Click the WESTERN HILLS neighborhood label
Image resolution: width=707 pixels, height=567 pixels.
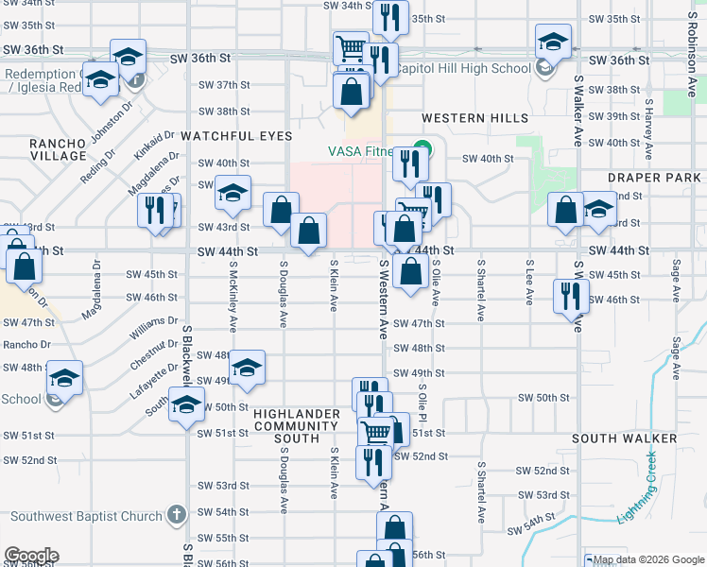tap(474, 118)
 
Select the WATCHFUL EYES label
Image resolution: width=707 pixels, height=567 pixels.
tap(237, 136)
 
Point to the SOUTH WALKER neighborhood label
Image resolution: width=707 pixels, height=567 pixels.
tap(624, 439)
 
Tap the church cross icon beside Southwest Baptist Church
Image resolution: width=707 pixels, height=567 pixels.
tap(174, 516)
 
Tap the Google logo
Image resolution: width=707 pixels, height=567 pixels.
tap(30, 556)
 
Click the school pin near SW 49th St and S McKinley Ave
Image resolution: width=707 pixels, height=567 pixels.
tap(247, 369)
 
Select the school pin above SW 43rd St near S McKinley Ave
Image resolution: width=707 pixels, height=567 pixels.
tap(232, 193)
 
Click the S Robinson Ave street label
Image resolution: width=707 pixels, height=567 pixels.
tap(692, 71)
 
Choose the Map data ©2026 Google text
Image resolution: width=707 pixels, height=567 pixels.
tap(643, 559)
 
